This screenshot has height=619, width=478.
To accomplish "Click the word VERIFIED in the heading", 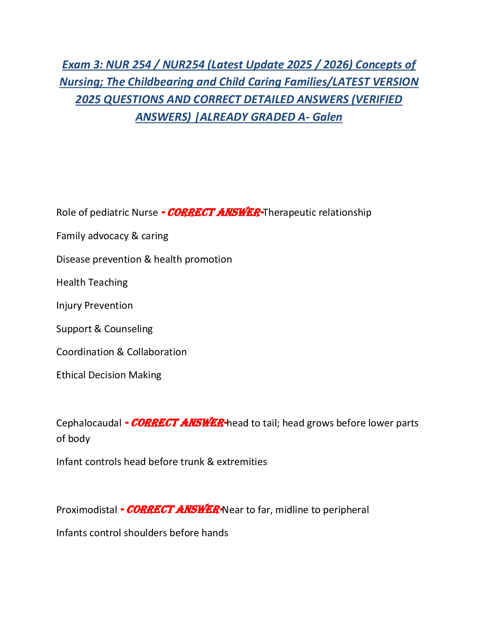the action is tap(379, 99).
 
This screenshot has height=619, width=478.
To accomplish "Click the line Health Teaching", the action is tap(92, 282).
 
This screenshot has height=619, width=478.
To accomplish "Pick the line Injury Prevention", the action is tap(95, 305).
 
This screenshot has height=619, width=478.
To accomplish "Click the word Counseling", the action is tap(128, 329).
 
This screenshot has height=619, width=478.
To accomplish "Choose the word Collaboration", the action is tap(157, 352).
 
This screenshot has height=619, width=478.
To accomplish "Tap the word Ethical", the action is tap(71, 375).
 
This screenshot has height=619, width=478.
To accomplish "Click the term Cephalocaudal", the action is tap(89, 423).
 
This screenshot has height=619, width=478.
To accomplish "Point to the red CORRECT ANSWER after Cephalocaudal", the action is tap(178, 423).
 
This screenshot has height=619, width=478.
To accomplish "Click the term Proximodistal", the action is tap(87, 510).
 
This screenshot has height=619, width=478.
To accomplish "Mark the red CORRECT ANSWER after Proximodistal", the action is tap(173, 510).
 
